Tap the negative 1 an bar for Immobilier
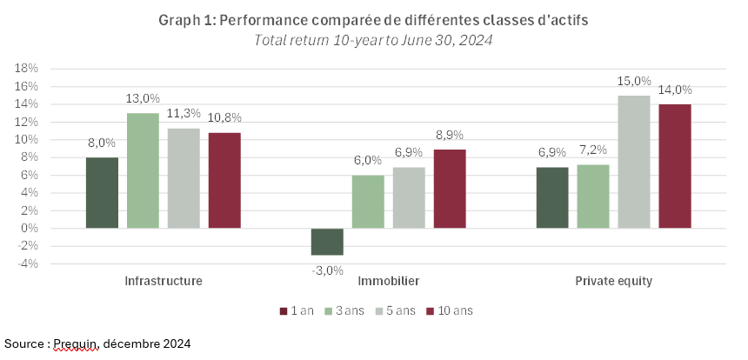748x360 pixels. click(327, 242)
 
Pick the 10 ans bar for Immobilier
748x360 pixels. click(450, 189)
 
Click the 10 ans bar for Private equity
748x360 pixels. click(675, 166)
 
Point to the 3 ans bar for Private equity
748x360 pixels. click(593, 197)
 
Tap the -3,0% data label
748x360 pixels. click(327, 270)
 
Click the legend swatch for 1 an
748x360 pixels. click(284, 310)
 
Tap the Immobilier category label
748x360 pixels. click(388, 282)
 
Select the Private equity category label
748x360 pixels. click(613, 282)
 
